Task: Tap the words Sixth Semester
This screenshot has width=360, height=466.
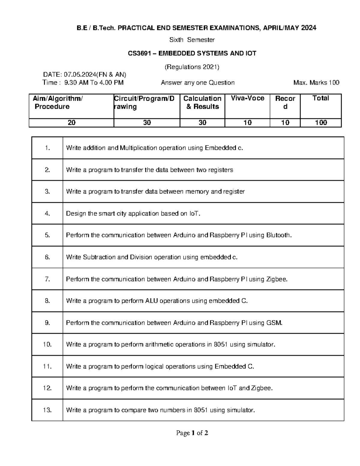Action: [192, 40]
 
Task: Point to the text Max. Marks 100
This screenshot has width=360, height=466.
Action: [316, 83]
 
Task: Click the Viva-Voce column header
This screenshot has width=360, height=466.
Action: [247, 98]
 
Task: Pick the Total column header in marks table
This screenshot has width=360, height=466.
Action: [321, 98]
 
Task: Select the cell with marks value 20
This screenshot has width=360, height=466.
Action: [71, 123]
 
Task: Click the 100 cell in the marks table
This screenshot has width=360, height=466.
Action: [321, 123]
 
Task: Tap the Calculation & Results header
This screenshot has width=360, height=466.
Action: [202, 103]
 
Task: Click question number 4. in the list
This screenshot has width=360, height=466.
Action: [47, 214]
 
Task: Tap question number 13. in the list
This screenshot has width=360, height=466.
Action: [47, 410]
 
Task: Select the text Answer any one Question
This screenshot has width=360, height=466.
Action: [198, 83]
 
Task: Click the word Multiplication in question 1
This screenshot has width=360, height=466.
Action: [138, 148]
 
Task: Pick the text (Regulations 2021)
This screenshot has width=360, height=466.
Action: [192, 67]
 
